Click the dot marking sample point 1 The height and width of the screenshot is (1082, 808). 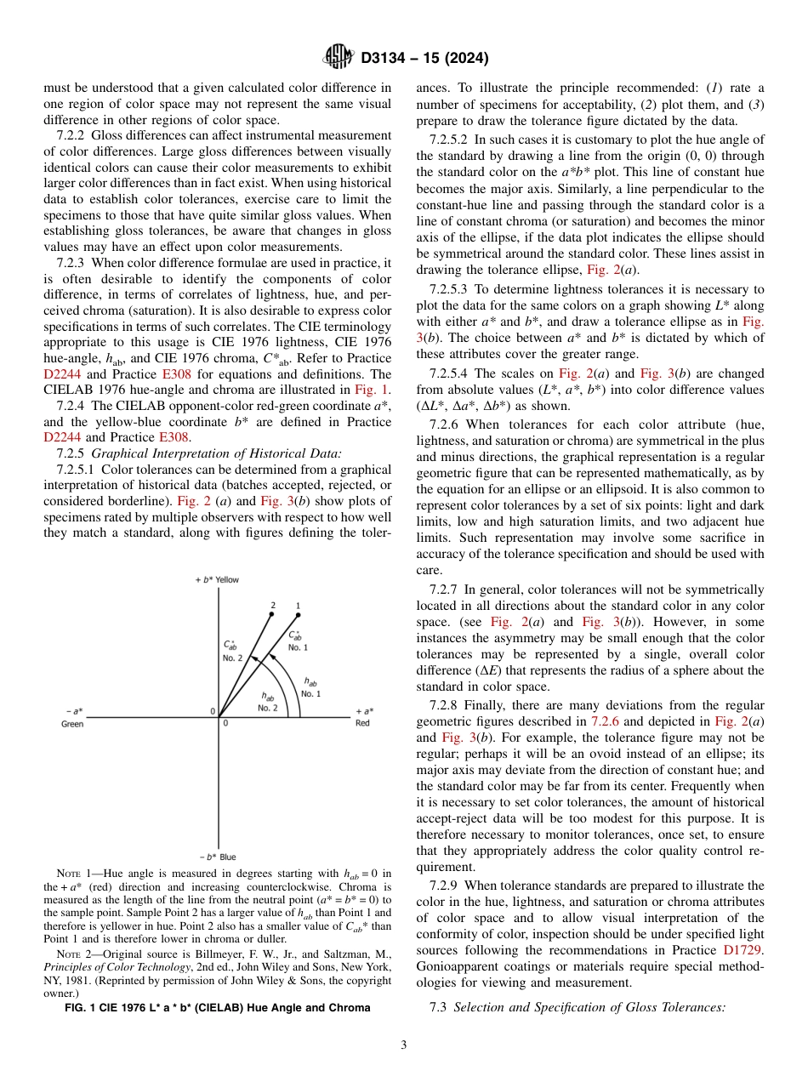point(298,615)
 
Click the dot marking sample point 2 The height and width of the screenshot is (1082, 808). point(273,615)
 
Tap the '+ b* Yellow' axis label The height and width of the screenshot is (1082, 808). point(218,579)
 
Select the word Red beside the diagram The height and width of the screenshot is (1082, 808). point(362,724)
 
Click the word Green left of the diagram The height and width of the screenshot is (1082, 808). point(72,724)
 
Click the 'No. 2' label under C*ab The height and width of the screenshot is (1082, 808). point(233,658)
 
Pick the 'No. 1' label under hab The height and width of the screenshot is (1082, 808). point(311,693)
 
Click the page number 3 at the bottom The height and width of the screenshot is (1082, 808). point(403,1045)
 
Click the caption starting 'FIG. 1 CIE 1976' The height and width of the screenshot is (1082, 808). point(218,1008)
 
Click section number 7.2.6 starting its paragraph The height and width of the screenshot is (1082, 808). point(446,424)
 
